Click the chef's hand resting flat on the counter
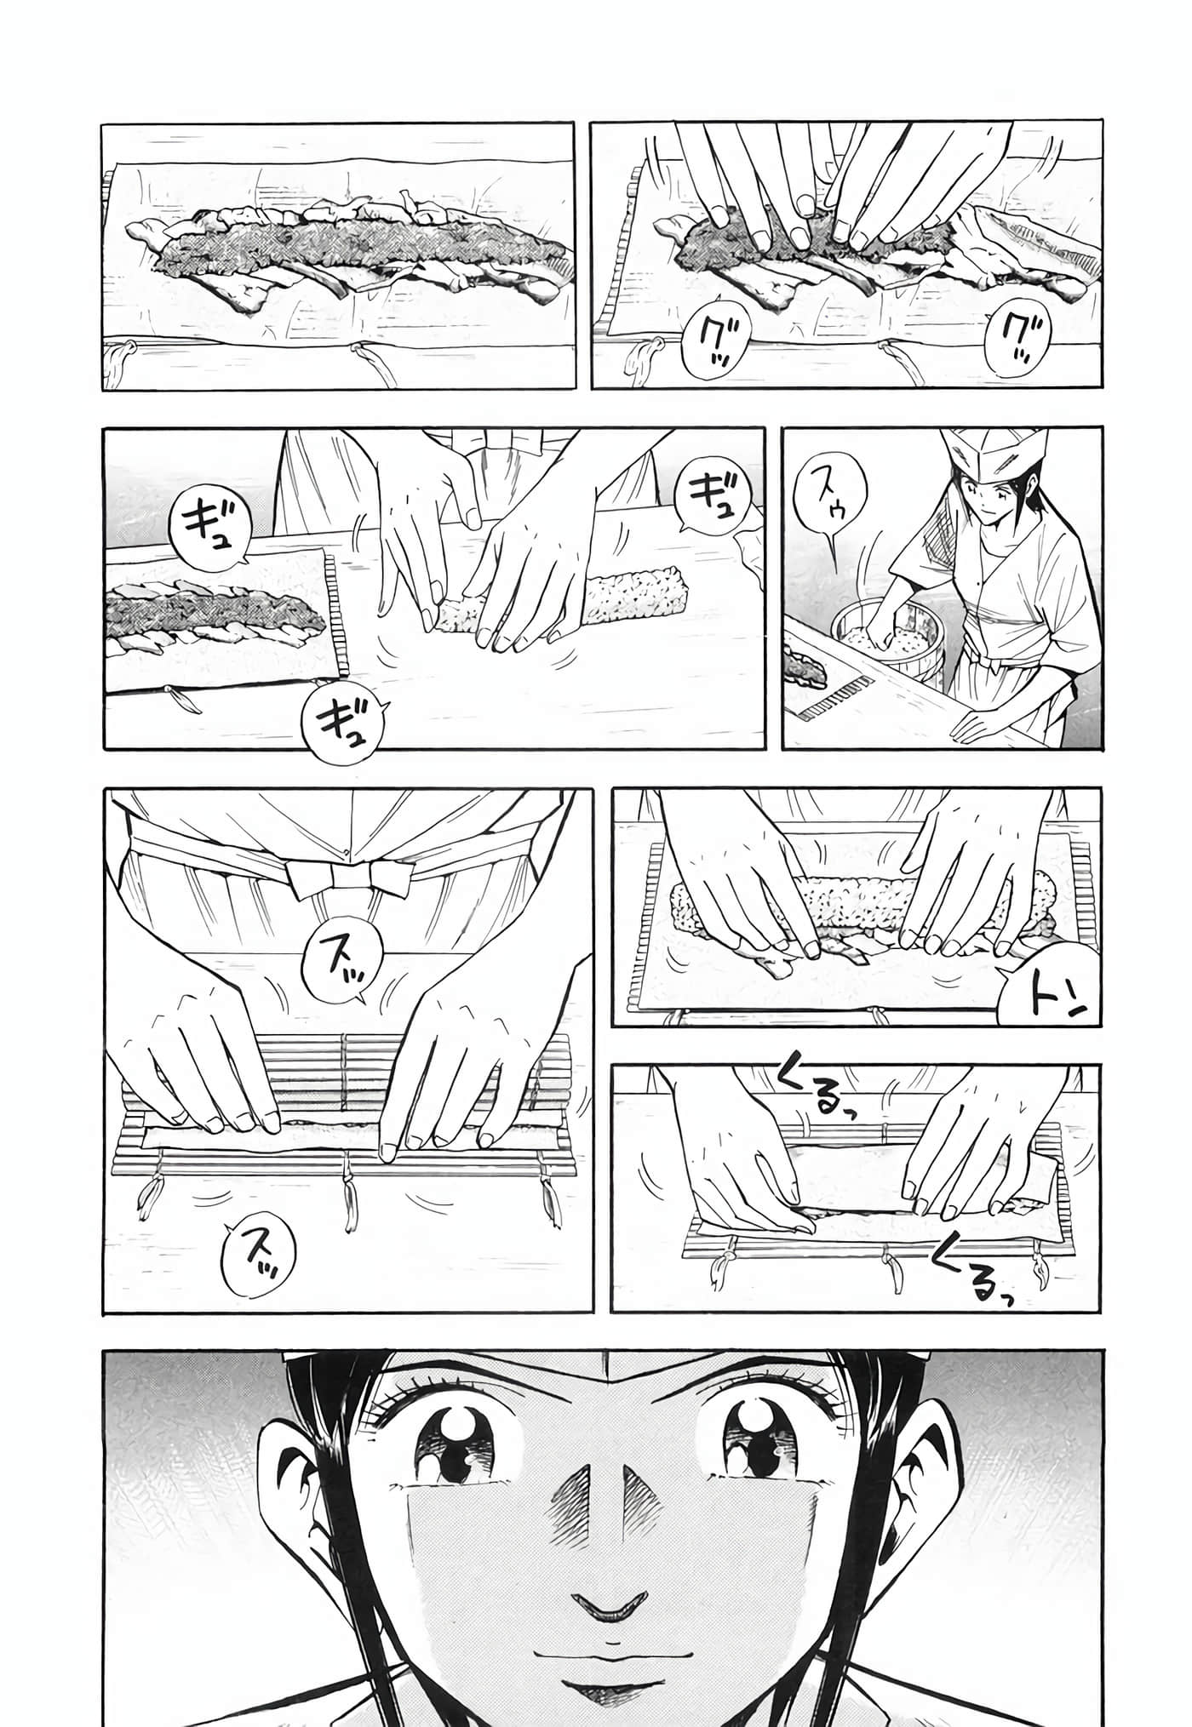coord(984,723)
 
